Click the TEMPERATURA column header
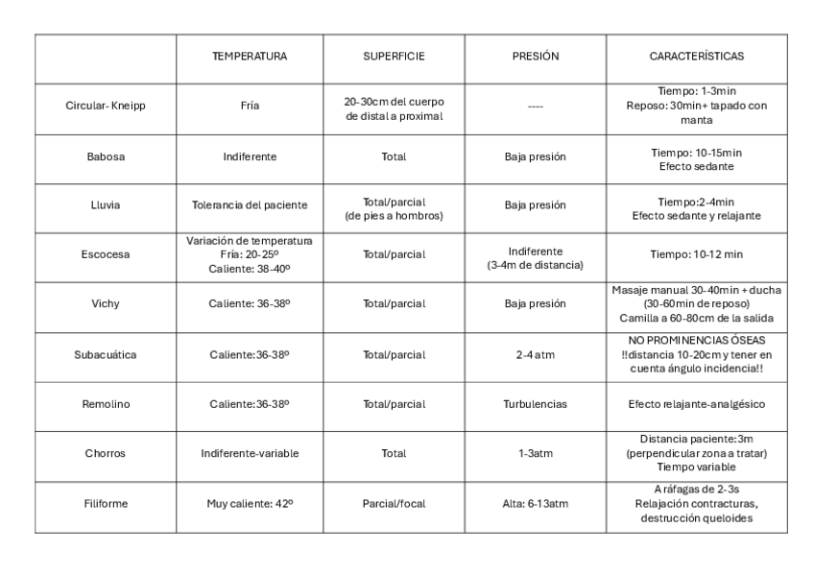tap(250, 58)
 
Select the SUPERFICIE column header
tap(394, 58)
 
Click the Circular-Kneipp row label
tap(106, 108)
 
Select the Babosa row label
tap(106, 156)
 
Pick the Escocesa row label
tap(106, 256)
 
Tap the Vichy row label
tap(106, 304)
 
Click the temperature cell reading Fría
tap(250, 108)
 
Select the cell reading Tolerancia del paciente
tap(250, 205)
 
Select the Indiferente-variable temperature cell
tap(250, 454)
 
